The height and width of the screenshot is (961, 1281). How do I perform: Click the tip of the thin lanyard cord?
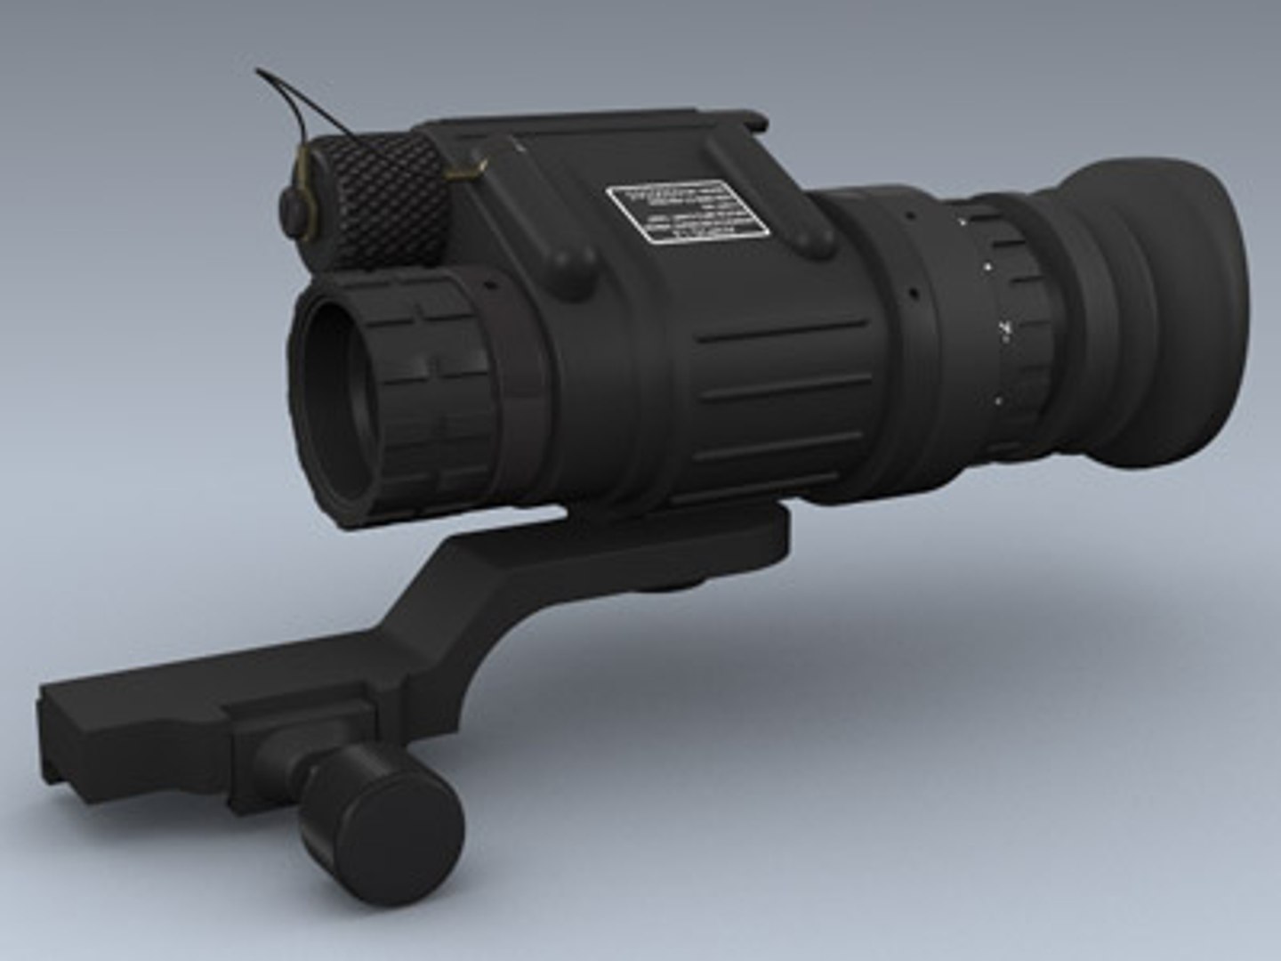[258, 71]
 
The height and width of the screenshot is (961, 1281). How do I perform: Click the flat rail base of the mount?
[133, 712]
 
